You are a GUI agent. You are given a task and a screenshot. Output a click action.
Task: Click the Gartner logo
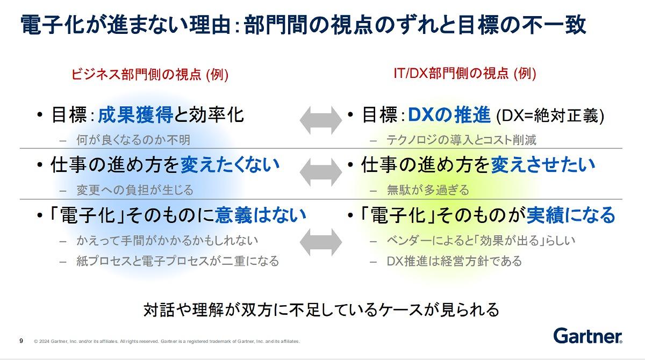click(x=587, y=336)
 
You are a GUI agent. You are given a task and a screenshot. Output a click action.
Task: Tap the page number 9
click(x=21, y=341)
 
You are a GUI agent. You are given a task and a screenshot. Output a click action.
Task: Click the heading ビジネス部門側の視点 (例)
click(x=150, y=74)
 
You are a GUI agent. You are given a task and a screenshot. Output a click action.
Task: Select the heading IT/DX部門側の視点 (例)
click(x=465, y=74)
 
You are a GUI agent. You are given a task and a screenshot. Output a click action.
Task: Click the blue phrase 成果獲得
click(x=135, y=115)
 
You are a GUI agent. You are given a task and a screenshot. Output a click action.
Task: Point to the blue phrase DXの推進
click(x=449, y=114)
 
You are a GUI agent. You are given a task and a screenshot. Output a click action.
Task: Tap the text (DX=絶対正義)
click(x=550, y=116)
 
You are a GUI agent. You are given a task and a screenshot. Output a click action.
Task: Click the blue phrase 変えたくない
click(x=230, y=165)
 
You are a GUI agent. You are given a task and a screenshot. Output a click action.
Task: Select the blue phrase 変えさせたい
click(x=543, y=165)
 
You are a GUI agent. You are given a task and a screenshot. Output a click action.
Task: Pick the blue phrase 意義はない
click(x=260, y=215)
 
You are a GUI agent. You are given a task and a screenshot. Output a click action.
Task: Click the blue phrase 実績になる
click(x=571, y=215)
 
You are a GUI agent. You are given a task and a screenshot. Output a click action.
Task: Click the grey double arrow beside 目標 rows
click(x=321, y=120)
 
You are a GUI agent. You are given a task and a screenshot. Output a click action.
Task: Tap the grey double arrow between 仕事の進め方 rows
click(x=321, y=172)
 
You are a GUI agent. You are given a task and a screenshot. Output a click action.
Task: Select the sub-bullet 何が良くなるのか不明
click(x=133, y=140)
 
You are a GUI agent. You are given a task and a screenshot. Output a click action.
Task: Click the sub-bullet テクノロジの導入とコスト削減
click(x=462, y=140)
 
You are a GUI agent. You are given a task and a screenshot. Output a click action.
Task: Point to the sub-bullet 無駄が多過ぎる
click(x=428, y=190)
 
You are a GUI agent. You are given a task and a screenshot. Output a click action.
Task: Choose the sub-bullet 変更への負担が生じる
click(x=135, y=190)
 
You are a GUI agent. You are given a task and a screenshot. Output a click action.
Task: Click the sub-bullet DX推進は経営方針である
click(x=454, y=261)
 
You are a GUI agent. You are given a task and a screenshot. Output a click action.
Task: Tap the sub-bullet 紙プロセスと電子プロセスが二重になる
click(x=178, y=261)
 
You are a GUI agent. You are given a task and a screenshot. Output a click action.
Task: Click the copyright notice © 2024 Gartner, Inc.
click(x=167, y=341)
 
